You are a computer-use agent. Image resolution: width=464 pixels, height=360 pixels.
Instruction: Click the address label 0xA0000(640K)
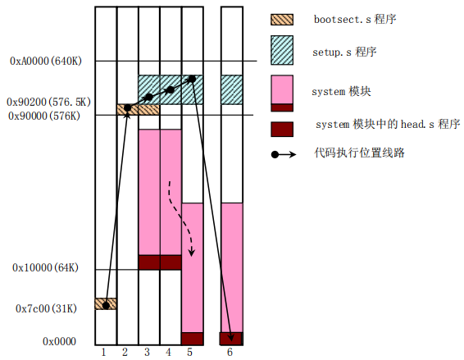tap(46, 61)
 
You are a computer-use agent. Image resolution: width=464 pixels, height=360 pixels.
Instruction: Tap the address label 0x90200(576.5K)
tap(49, 103)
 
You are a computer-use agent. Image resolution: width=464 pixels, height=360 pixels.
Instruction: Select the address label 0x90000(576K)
tap(44, 116)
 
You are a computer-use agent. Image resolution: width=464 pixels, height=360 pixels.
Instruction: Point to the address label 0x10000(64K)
tap(45, 267)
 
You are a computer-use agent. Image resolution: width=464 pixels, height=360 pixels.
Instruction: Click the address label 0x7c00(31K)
tap(46, 309)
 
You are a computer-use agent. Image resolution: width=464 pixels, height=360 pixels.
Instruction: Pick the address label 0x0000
tap(60, 341)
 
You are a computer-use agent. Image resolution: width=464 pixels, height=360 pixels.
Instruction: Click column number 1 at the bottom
tap(103, 353)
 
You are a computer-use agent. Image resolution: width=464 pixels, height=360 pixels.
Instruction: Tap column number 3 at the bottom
tap(147, 353)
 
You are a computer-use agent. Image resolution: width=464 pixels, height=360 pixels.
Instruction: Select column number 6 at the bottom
tap(230, 353)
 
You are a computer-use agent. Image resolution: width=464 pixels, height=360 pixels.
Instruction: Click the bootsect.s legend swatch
tap(282, 20)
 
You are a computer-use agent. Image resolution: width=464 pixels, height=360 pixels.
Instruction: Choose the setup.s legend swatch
tap(282, 50)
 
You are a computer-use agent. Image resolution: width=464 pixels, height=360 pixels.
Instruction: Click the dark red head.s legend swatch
tap(282, 130)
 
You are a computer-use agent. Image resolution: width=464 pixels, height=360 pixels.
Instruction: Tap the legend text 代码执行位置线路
tap(359, 153)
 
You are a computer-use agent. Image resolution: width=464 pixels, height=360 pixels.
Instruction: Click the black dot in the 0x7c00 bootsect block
tap(106, 305)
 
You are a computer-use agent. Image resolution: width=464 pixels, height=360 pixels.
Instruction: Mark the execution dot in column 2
tap(127, 108)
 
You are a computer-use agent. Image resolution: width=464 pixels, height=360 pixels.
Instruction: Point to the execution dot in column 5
tap(192, 79)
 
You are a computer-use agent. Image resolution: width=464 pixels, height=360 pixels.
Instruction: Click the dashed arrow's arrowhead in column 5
tap(192, 253)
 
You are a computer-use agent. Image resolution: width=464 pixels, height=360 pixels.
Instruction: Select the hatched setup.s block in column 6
tap(232, 89)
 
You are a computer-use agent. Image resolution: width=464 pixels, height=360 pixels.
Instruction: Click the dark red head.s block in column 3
tap(149, 262)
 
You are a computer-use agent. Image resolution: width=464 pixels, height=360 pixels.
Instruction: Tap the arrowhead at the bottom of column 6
tap(231, 338)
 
